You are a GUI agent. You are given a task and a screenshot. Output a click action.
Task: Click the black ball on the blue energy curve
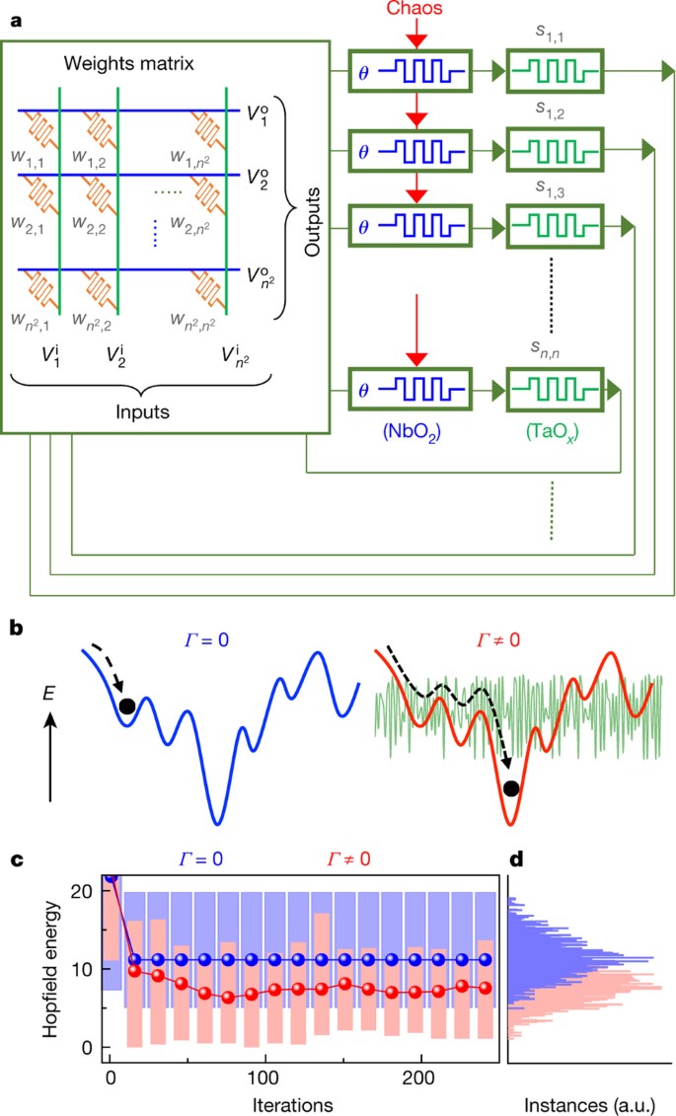tap(126, 705)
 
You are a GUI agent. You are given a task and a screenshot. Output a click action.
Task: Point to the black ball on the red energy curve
tap(510, 787)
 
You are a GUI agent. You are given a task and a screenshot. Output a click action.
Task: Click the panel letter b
tap(16, 626)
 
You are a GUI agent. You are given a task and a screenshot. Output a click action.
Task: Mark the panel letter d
tap(514, 860)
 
